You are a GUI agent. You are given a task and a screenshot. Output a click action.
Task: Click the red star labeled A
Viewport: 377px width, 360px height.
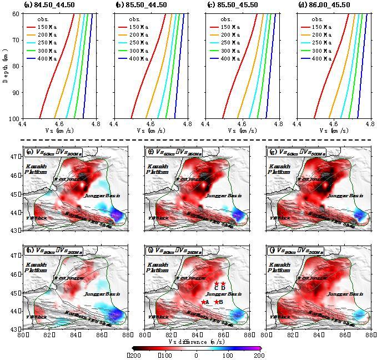[203, 302]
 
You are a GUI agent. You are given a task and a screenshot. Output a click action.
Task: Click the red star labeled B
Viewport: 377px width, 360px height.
[217, 302]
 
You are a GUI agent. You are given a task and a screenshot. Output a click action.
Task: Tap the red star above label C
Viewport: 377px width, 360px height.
[217, 283]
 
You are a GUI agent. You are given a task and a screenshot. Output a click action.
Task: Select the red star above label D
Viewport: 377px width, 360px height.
[223, 283]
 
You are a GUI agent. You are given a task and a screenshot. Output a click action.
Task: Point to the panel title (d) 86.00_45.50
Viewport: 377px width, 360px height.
[324, 5]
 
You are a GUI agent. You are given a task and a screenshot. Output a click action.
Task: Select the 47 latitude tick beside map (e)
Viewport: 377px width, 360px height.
[18, 157]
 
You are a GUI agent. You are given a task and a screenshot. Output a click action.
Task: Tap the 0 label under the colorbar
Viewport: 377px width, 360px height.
[196, 356]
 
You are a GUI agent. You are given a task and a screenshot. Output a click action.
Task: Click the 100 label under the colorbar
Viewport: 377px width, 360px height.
[228, 356]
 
